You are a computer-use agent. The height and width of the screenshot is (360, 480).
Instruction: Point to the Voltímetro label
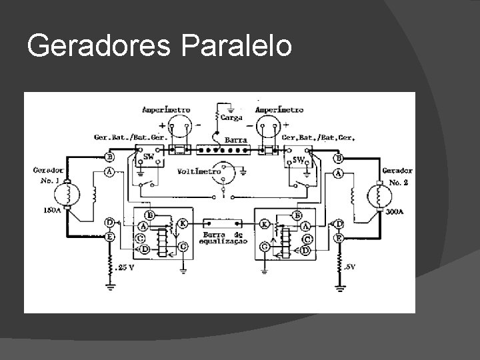199,171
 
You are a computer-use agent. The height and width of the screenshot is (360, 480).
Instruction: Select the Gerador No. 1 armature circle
68,195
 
